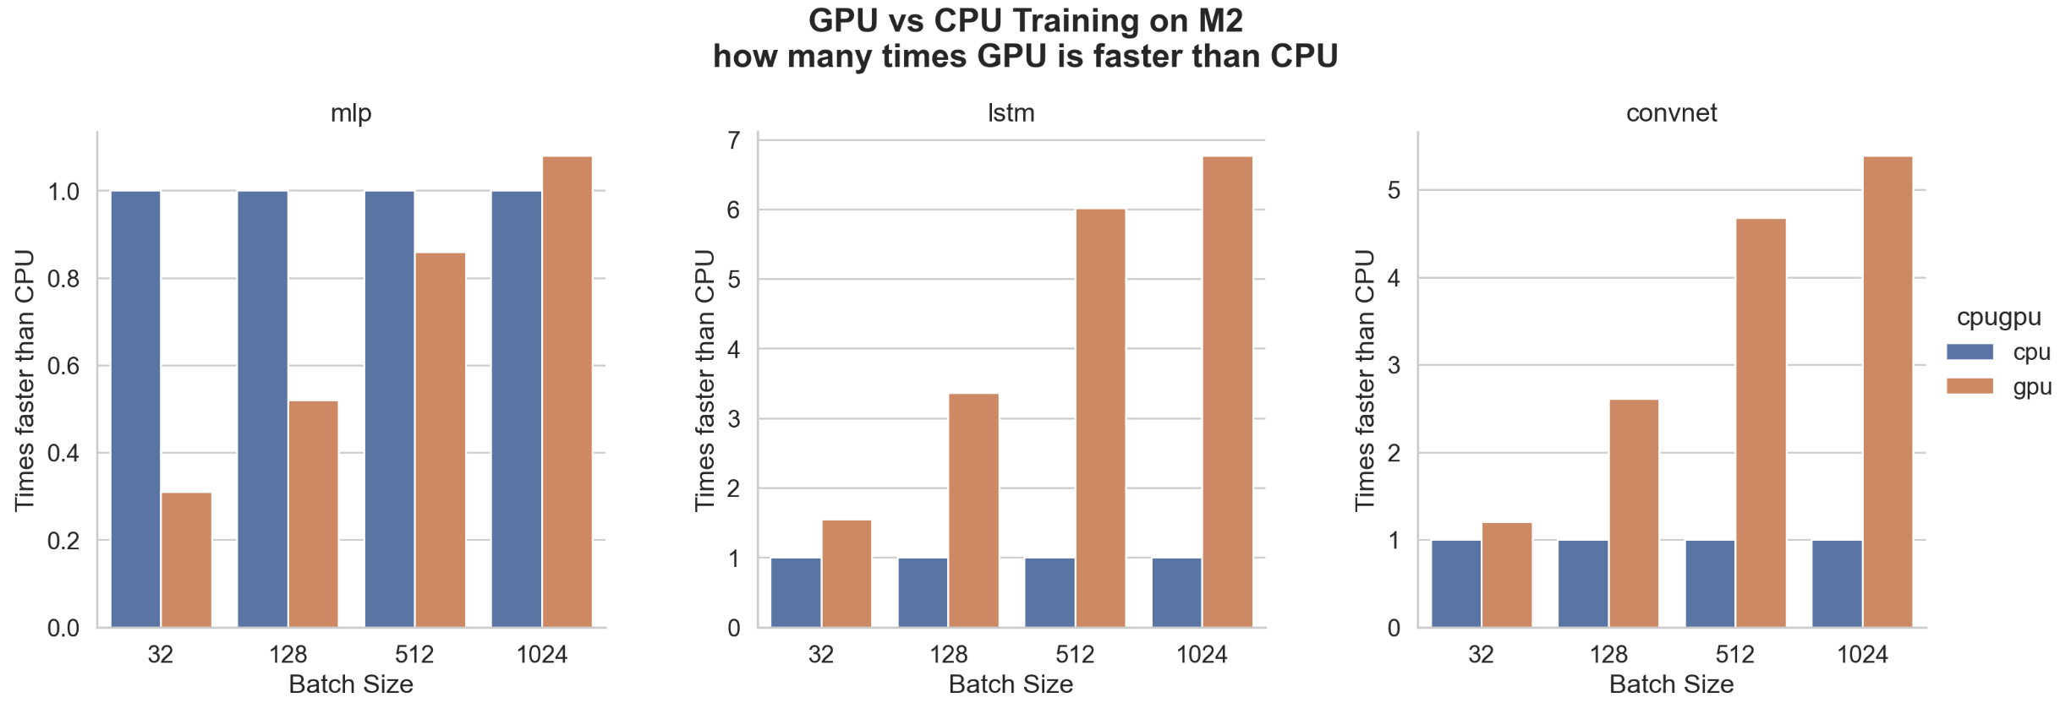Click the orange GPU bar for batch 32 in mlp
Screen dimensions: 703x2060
pyautogui.click(x=186, y=559)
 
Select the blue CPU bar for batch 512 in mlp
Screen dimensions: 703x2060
pyautogui.click(x=390, y=409)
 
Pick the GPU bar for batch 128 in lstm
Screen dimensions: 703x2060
pyautogui.click(x=973, y=510)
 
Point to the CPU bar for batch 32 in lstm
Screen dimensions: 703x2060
pyautogui.click(x=796, y=592)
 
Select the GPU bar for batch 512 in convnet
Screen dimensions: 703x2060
pyautogui.click(x=1761, y=422)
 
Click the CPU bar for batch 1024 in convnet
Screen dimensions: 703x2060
pyautogui.click(x=1837, y=583)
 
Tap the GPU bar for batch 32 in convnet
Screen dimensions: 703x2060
pyautogui.click(x=1507, y=575)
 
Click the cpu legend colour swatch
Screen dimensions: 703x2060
pyautogui.click(x=1970, y=351)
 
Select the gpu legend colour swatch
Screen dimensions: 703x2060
pyautogui.click(x=1970, y=386)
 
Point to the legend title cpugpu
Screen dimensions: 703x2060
pyautogui.click(x=1999, y=318)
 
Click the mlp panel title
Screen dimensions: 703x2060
pyautogui.click(x=351, y=113)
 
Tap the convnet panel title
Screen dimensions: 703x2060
pyautogui.click(x=1671, y=113)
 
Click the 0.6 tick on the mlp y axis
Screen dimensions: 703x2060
pyautogui.click(x=63, y=366)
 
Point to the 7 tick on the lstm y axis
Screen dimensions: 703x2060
pyautogui.click(x=733, y=140)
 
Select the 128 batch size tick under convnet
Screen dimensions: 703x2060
pyautogui.click(x=1608, y=655)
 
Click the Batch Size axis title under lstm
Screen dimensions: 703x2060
pyautogui.click(x=1011, y=684)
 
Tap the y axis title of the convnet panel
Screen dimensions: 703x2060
pyautogui.click(x=1364, y=380)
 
